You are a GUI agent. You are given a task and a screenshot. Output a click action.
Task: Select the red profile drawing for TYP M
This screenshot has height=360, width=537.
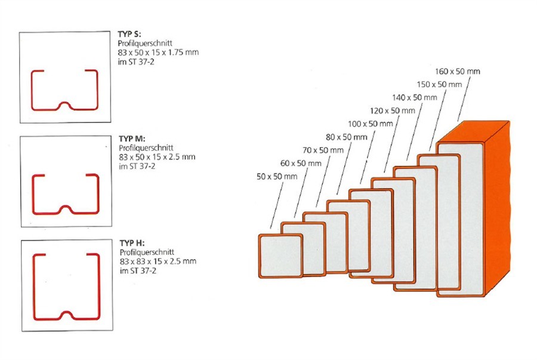(x=64, y=194)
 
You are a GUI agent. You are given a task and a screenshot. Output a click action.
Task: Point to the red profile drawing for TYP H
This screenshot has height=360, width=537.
(x=64, y=287)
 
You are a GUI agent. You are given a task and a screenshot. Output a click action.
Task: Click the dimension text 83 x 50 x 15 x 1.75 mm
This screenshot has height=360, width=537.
(x=158, y=53)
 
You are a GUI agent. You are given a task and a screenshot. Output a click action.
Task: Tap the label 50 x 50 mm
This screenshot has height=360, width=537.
(x=277, y=177)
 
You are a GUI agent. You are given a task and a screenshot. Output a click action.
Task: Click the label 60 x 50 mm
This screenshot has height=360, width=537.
(x=301, y=163)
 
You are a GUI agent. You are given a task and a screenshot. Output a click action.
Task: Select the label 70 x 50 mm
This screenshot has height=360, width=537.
(x=323, y=150)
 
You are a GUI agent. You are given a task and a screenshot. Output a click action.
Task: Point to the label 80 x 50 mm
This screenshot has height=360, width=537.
(x=347, y=137)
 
